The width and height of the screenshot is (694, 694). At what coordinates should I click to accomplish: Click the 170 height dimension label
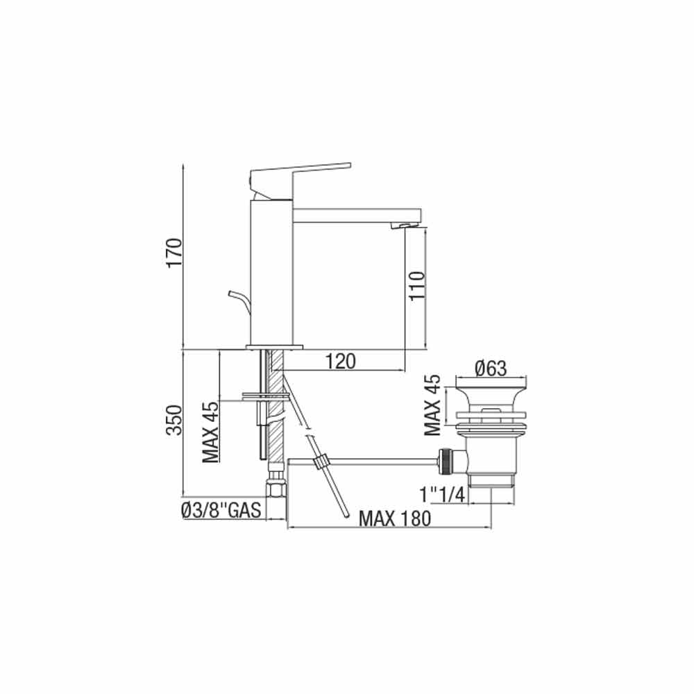tap(174, 253)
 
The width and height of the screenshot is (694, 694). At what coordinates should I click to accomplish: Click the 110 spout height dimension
tap(417, 286)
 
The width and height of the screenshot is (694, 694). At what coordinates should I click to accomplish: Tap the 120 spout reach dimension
tap(341, 362)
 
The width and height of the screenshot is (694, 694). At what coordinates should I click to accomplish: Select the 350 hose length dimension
tap(174, 420)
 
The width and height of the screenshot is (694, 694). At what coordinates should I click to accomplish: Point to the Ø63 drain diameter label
tap(491, 368)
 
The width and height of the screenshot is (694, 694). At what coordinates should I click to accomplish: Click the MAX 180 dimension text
tap(394, 518)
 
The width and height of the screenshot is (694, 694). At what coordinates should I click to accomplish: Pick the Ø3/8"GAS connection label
tap(221, 511)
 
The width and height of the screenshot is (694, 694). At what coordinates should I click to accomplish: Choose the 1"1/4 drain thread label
tap(443, 494)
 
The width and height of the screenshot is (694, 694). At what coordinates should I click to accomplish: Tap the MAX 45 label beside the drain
tap(432, 405)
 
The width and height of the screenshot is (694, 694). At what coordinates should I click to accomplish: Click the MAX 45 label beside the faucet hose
tap(211, 432)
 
